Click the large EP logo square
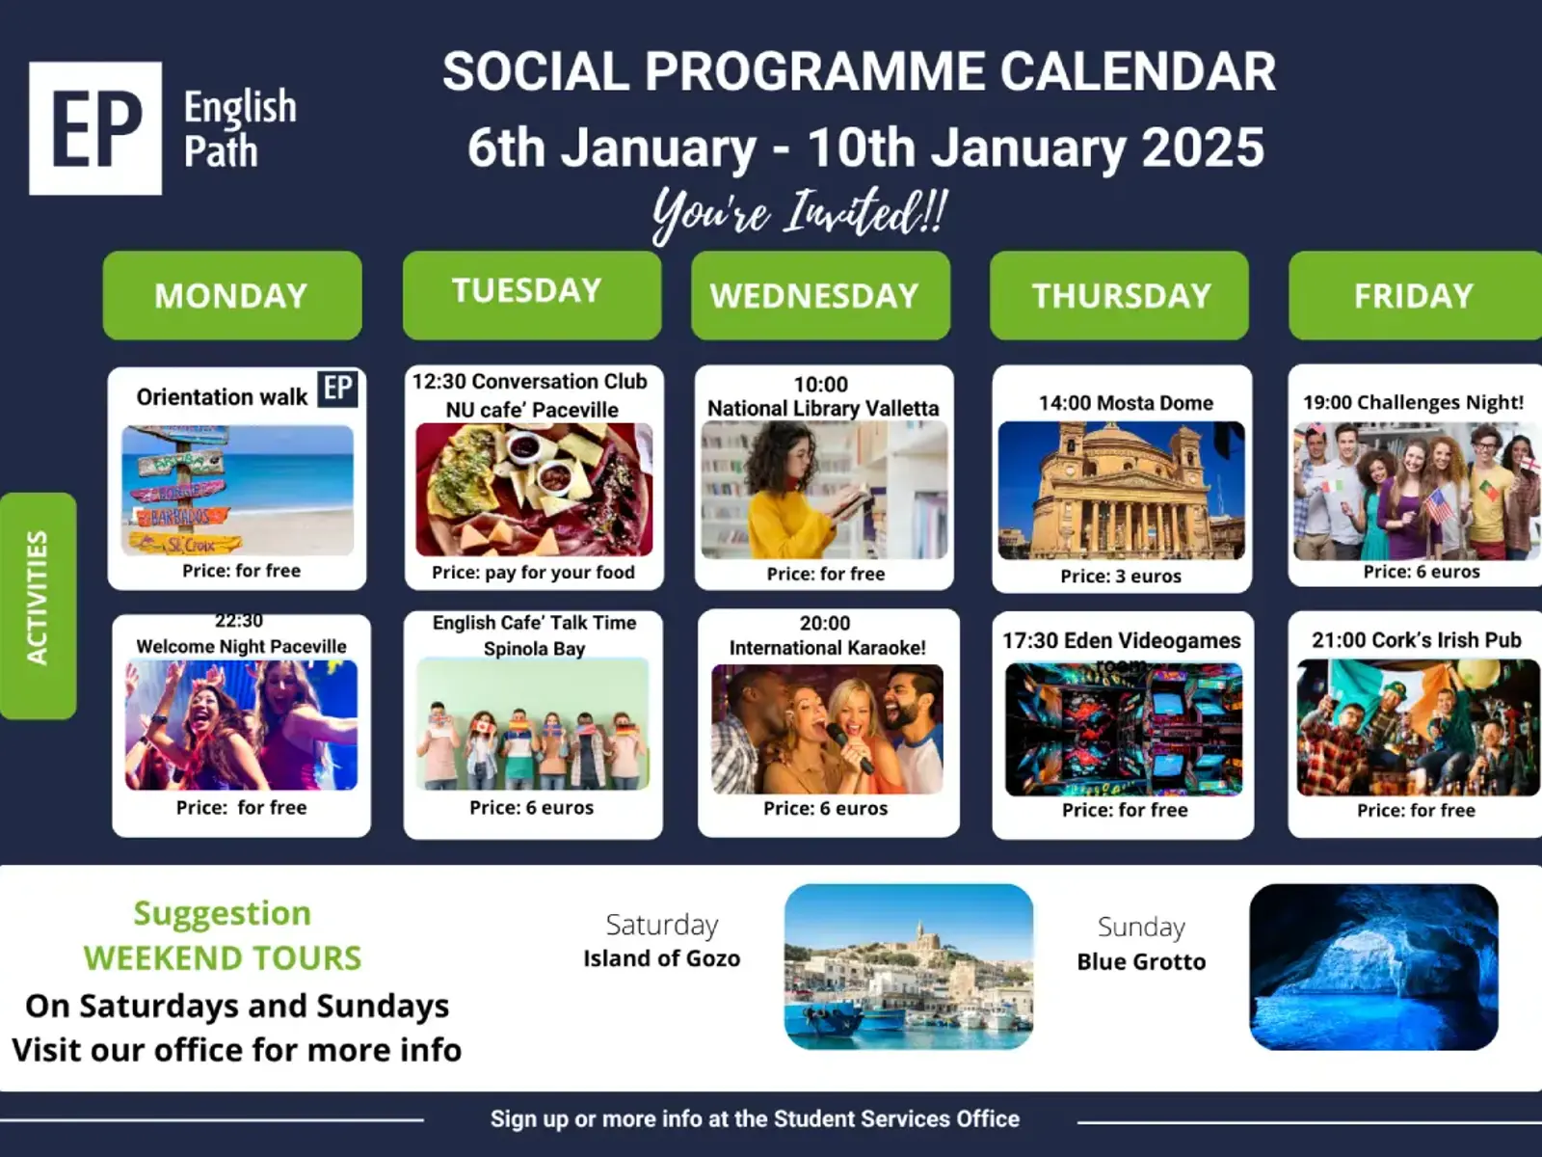click(x=95, y=128)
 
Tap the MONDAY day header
click(x=232, y=296)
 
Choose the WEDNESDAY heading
click(x=820, y=296)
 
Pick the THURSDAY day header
click(x=1119, y=296)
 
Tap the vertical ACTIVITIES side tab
click(x=38, y=605)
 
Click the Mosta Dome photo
click(x=1121, y=491)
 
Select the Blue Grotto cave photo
click(x=1373, y=967)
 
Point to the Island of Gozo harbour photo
click(x=909, y=967)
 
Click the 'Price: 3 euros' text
click(x=1121, y=576)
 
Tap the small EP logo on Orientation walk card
click(x=337, y=389)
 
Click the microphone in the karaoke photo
click(x=849, y=747)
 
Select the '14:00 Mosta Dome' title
click(x=1126, y=403)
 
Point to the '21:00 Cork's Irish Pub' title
click(x=1417, y=640)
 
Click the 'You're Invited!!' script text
click(x=800, y=214)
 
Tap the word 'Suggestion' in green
click(x=222, y=914)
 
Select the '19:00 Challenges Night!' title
click(x=1414, y=402)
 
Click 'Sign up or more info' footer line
click(x=755, y=1118)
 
